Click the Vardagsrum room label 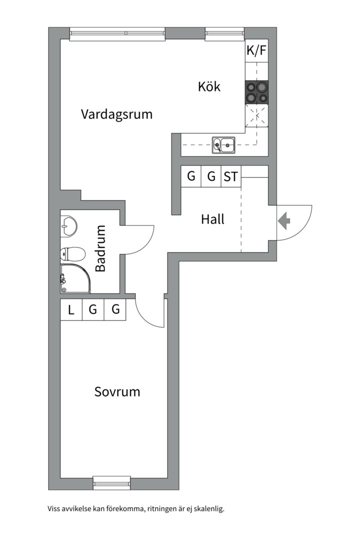click(x=117, y=114)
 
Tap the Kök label click(x=209, y=86)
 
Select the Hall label click(x=212, y=219)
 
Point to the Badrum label click(x=100, y=248)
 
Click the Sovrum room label click(x=117, y=392)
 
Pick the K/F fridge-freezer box click(x=256, y=50)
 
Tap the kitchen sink click(x=224, y=145)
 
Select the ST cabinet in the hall click(x=231, y=176)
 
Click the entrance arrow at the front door click(x=284, y=221)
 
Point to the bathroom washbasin click(x=68, y=226)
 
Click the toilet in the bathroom click(x=72, y=254)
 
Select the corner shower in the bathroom click(x=75, y=278)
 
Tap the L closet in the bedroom click(x=71, y=310)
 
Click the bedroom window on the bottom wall click(x=112, y=483)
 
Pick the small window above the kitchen click(x=224, y=34)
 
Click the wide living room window click(x=117, y=34)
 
